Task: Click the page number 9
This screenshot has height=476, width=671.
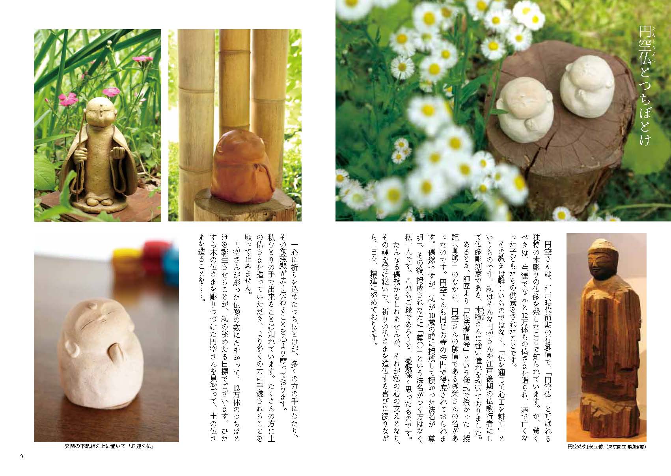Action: coord(21,456)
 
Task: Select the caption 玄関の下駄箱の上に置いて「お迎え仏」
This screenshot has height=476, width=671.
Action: coord(109,446)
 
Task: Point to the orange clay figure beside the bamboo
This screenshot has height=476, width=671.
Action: coord(242,166)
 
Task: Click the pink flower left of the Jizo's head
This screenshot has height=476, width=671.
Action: coord(68,99)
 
